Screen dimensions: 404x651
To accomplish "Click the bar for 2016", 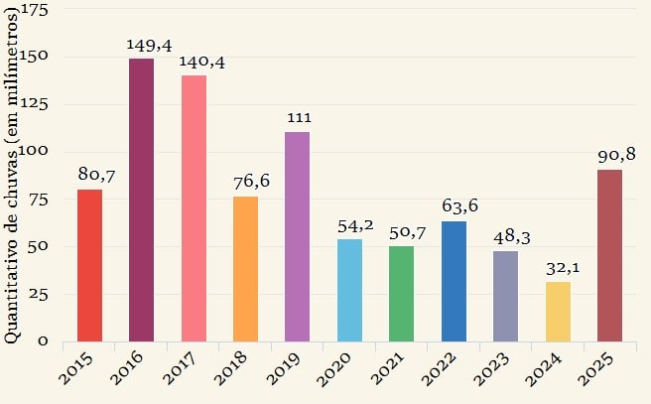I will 142,200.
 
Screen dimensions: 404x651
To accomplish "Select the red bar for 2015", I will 90,265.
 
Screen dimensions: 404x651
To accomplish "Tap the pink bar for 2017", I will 194,208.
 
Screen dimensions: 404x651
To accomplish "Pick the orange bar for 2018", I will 245,268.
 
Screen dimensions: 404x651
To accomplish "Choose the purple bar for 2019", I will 298,236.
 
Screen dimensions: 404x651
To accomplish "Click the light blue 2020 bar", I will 349,290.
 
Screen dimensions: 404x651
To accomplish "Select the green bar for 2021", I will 401,293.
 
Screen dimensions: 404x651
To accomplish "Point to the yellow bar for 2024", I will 558,311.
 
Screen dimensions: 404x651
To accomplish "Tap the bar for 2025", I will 609,255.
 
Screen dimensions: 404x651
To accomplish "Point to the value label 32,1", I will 558,268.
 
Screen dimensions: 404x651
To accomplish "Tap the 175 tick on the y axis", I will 34,10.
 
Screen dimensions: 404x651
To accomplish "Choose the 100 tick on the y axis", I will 34,152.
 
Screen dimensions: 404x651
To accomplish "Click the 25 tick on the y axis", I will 39,294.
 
